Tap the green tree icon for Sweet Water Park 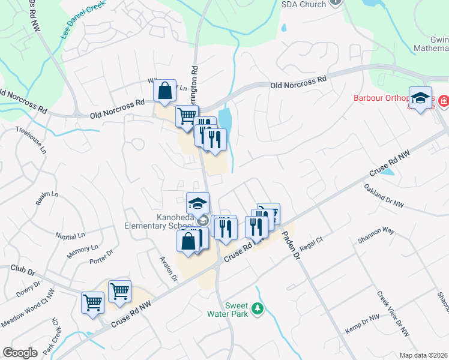(258, 308)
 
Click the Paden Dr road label (291, 245)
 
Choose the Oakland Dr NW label (384, 196)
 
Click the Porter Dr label (101, 257)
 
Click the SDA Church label (304, 4)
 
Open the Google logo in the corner (20, 353)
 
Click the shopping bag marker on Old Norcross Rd (164, 92)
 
